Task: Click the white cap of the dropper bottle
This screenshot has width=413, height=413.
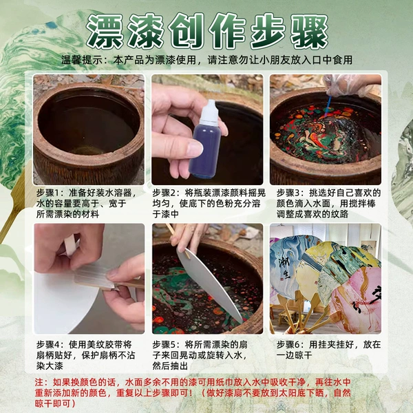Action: [x=209, y=114]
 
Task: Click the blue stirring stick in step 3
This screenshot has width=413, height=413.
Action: [x=328, y=107]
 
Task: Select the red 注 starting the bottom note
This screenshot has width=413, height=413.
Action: [x=39, y=382]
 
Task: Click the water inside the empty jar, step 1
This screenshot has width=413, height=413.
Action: [x=87, y=127]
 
